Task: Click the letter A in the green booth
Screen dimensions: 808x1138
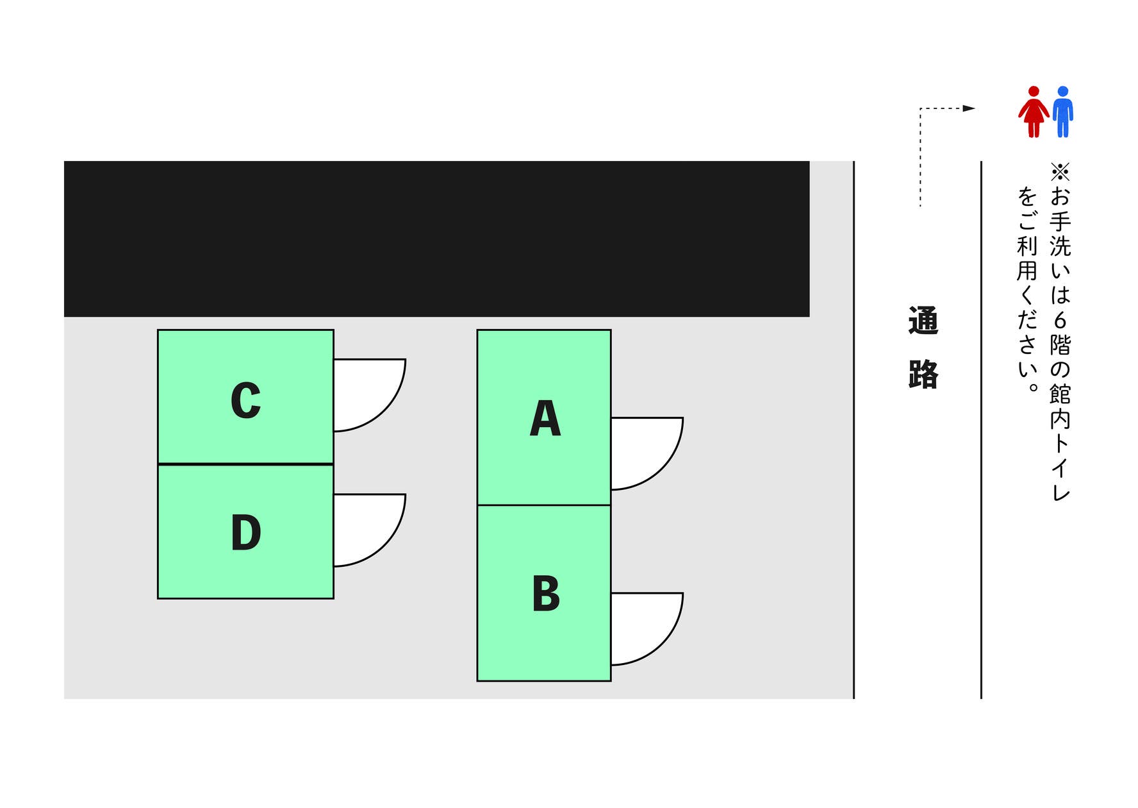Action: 545,419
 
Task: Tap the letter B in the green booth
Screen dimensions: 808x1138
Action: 545,594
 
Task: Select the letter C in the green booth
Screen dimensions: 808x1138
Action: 245,401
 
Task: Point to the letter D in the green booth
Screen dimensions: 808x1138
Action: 245,533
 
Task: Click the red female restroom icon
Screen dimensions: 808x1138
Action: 1033,112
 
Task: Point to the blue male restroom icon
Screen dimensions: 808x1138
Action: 1062,112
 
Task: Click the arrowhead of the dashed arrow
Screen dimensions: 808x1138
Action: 969,108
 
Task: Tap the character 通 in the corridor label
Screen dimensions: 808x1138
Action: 923,321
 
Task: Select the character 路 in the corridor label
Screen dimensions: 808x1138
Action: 923,375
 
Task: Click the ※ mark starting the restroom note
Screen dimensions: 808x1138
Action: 1060,172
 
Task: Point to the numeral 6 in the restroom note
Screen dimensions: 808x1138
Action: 1060,320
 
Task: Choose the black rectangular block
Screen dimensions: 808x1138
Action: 436,239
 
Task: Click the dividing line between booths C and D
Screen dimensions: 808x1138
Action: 245,464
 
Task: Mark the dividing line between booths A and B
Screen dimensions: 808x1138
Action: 544,505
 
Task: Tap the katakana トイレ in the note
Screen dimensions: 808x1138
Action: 1060,468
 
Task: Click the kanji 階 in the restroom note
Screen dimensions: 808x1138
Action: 1060,345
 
